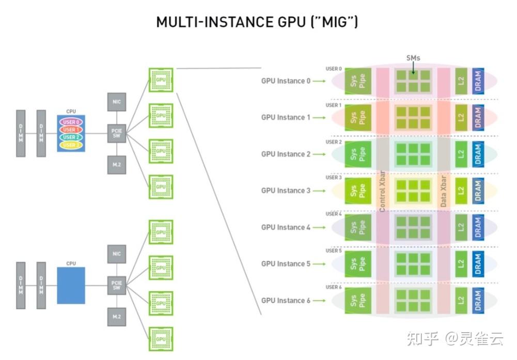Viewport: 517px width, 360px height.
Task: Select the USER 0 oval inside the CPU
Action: coord(71,122)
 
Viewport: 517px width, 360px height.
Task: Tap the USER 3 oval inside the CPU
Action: coord(71,145)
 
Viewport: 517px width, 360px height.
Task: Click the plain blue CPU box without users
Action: coord(71,285)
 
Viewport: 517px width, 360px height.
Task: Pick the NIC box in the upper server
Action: coord(116,102)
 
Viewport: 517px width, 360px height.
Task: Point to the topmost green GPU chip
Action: coord(161,80)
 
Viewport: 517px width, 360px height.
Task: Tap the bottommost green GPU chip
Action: coord(161,339)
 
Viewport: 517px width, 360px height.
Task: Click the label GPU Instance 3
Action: coord(286,191)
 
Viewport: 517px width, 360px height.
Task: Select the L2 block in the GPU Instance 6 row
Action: coord(461,300)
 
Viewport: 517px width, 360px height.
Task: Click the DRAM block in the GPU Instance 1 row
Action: coord(478,117)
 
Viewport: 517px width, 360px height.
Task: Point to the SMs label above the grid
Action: coord(413,58)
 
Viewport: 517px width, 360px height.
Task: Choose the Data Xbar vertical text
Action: coord(444,191)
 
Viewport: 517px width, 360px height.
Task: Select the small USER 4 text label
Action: coord(334,214)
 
